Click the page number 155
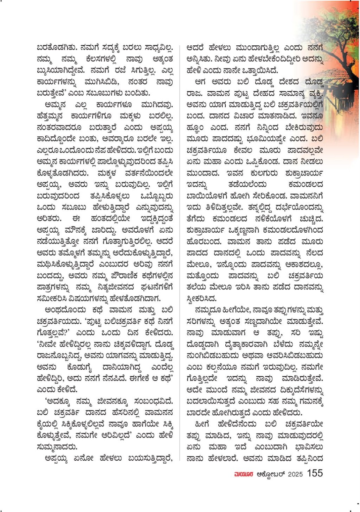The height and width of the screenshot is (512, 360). point(315,473)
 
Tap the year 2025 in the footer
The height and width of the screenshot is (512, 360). point(295,474)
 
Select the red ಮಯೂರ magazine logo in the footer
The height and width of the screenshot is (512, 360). point(243,474)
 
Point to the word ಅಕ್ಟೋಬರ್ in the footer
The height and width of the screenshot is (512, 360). point(271,474)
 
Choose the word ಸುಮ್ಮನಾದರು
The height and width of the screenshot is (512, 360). point(57,447)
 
